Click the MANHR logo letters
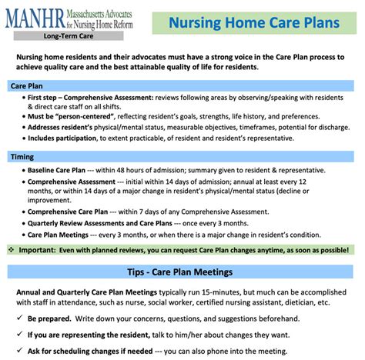35,18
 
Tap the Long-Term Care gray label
69,36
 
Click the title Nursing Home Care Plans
254,22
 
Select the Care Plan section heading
27,86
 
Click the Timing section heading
22,157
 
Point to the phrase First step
42,98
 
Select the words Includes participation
62,138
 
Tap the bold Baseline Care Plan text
56,170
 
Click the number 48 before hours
120,170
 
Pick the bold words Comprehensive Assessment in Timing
72,182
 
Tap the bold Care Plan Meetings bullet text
58,235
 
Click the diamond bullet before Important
12,249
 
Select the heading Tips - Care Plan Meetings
180,272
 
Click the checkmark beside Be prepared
19,318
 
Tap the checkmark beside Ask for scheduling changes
19,350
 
